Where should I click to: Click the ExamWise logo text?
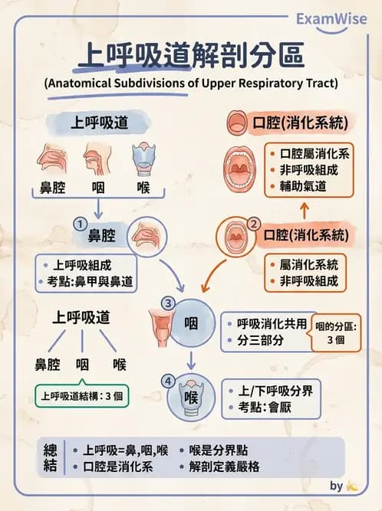[331, 18]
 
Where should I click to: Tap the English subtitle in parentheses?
[190, 82]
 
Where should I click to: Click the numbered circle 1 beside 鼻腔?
[78, 223]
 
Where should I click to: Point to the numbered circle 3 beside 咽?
[168, 303]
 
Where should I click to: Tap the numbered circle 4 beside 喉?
[168, 381]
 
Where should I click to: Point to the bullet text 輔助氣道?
[305, 186]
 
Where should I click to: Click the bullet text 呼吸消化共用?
[268, 323]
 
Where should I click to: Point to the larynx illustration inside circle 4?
[190, 398]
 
